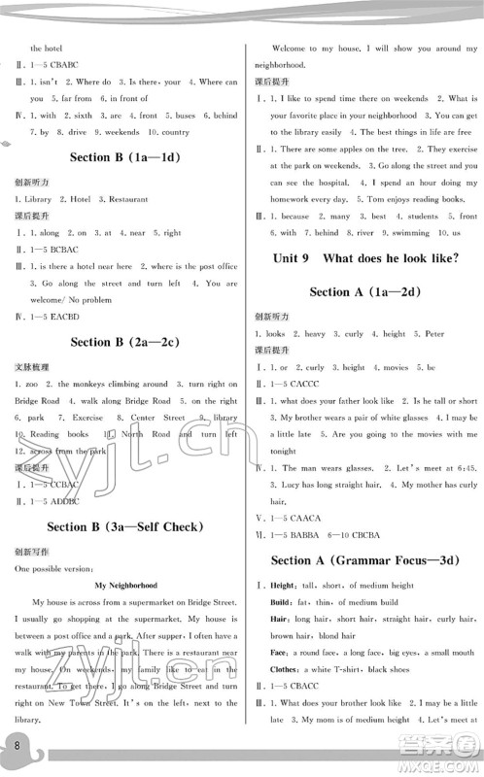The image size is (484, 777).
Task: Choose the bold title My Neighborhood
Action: click(x=126, y=586)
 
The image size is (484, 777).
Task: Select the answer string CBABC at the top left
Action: click(x=65, y=64)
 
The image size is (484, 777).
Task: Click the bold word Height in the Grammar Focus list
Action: click(x=282, y=586)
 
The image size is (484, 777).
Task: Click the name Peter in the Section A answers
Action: click(x=433, y=333)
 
